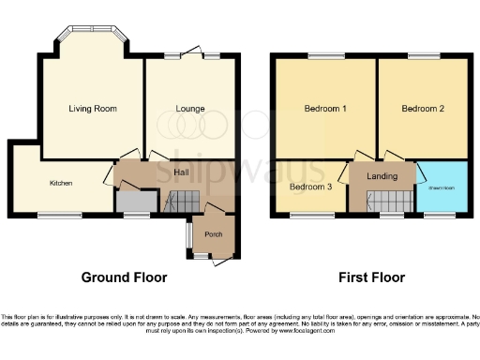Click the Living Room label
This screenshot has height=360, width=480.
coord(93,109)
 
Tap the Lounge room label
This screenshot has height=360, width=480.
coord(190,109)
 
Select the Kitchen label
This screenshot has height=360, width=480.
coord(62,183)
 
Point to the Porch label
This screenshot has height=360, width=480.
coord(213,234)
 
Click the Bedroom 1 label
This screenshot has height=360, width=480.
coord(325,109)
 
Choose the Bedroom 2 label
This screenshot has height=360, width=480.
coord(423,109)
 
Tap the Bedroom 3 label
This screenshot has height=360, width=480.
coord(309,186)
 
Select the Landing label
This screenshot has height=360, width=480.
coord(382,175)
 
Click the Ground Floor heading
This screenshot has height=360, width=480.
coord(124,277)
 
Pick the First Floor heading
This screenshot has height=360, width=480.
coord(373,277)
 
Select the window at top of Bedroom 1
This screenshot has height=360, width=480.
coord(325,56)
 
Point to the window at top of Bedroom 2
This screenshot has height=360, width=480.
coord(423,56)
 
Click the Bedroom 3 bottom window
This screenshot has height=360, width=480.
coord(305,217)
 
